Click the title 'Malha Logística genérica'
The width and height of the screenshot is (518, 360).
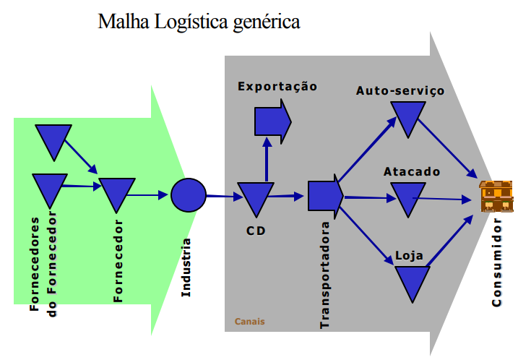point(199,22)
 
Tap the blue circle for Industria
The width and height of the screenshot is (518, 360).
point(189,195)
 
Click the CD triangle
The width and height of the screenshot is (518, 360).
point(256,197)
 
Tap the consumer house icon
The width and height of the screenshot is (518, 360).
point(496,196)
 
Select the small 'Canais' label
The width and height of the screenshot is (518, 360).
point(249,321)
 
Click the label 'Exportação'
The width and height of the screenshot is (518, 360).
point(277,87)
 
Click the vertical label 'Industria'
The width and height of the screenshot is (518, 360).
point(186,267)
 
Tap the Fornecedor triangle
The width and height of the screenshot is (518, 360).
point(117,193)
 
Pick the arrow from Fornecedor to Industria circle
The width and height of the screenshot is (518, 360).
point(152,194)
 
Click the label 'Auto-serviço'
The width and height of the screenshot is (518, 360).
point(400,91)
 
